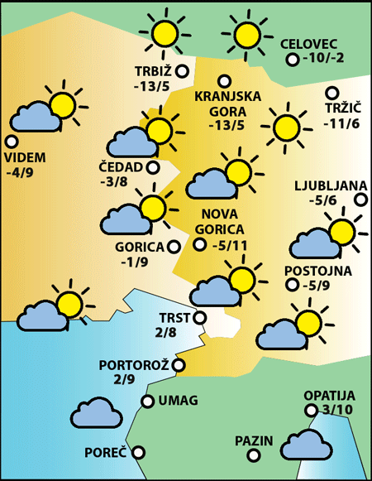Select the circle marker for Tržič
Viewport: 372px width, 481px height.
point(331,94)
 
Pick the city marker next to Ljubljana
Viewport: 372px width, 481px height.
point(361,200)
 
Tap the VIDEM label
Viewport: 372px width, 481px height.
point(25,158)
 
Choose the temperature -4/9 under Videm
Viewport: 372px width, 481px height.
point(18,173)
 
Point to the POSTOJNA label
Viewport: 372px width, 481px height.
point(317,271)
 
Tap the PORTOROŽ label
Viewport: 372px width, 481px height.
point(133,364)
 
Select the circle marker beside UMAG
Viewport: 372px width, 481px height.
point(148,402)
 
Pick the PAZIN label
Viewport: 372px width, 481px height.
point(253,440)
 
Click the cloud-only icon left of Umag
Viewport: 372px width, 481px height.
point(97,411)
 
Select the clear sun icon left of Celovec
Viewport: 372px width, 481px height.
point(247,35)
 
